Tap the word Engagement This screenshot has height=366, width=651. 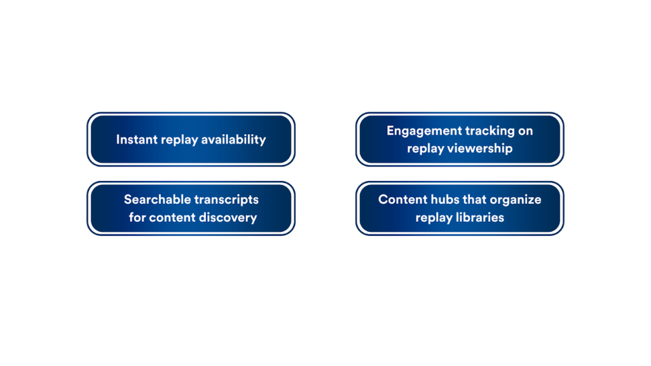point(424,131)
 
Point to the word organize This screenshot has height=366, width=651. point(515,200)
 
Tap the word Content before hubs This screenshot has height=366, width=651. point(401,200)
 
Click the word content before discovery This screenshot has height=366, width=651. point(174,217)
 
